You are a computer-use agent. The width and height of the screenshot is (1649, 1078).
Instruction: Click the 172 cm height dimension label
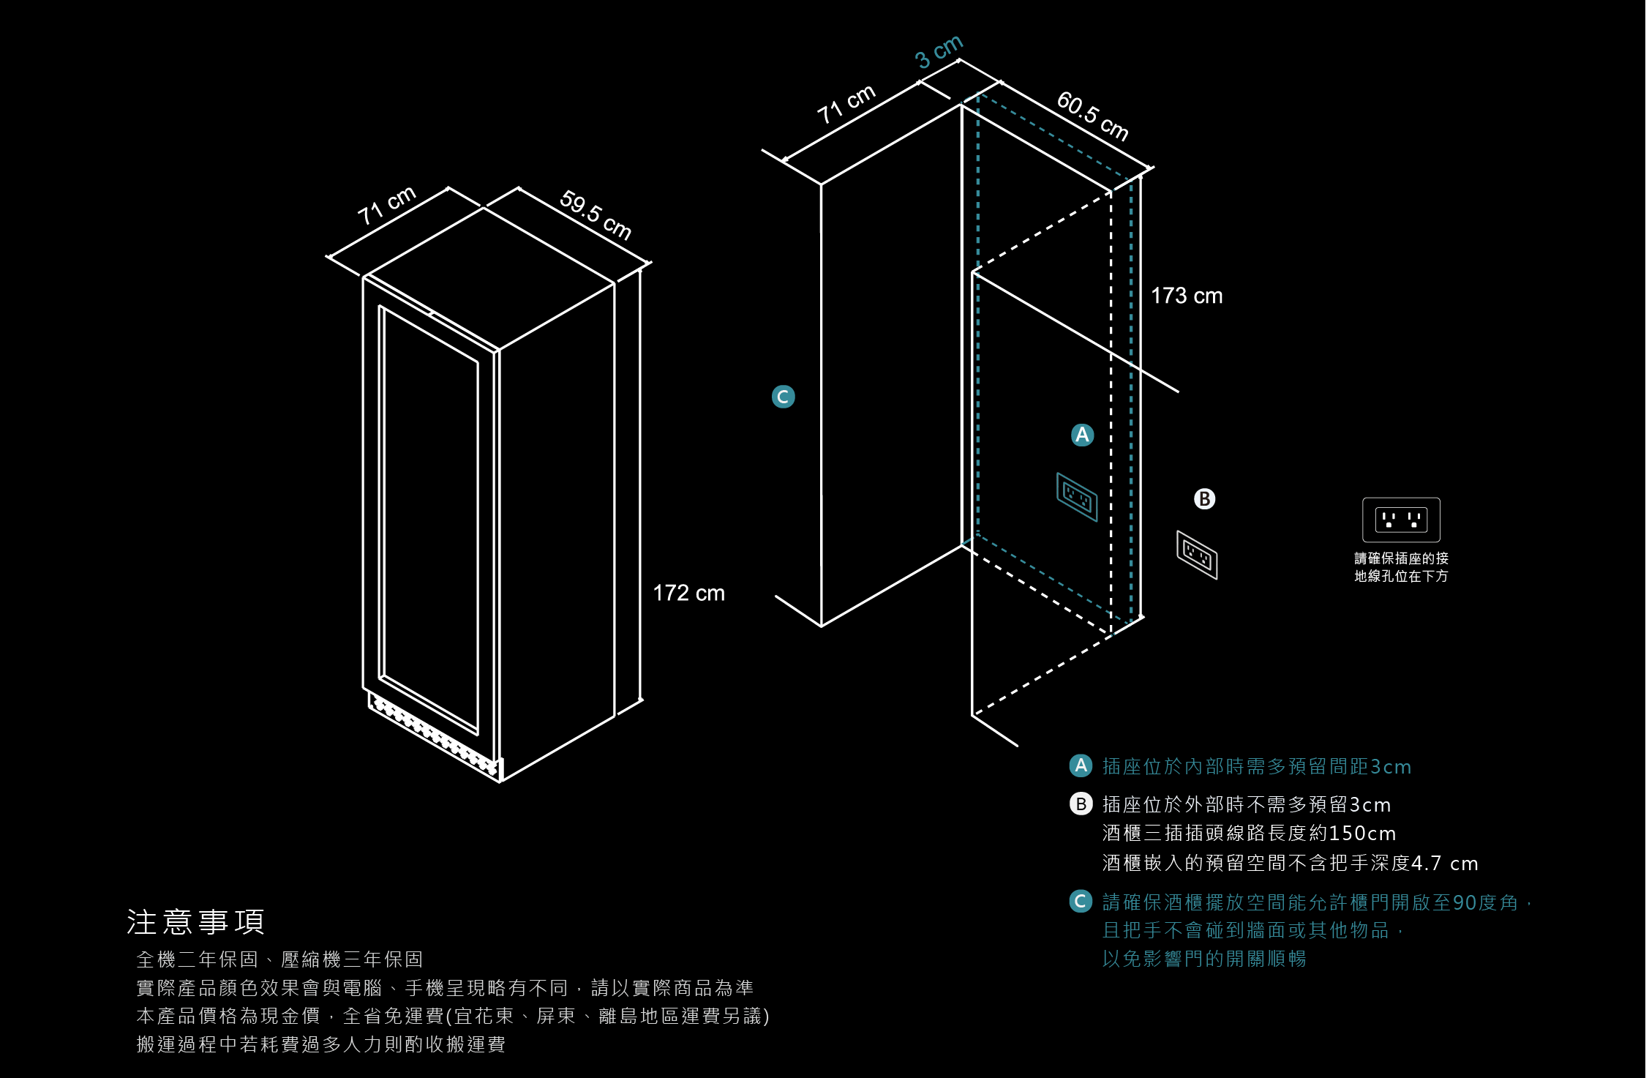(688, 593)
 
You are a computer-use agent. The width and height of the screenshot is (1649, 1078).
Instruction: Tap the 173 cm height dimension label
(1186, 296)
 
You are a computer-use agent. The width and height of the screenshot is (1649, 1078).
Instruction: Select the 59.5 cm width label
(595, 214)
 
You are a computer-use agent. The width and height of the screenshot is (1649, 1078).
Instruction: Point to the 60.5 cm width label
(1092, 116)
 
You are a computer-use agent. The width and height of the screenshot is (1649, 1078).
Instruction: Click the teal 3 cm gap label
(939, 51)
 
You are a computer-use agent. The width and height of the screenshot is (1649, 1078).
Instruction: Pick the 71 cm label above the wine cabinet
(386, 205)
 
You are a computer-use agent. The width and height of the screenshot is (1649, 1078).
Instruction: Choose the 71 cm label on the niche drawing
(846, 104)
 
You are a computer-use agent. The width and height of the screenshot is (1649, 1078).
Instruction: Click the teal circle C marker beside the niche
(783, 397)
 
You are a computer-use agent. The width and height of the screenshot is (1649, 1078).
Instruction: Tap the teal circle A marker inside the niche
(1082, 435)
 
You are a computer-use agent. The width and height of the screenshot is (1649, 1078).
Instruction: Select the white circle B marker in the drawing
(1204, 499)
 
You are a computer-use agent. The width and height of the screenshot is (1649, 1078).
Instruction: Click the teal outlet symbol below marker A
(1077, 497)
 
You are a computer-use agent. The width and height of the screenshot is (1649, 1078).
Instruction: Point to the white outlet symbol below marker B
(1197, 555)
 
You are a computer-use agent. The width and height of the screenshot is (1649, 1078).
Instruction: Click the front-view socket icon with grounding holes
(1401, 520)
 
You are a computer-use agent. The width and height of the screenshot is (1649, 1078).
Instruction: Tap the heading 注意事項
(195, 922)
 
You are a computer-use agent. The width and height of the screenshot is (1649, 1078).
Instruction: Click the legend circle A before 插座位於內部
(1081, 766)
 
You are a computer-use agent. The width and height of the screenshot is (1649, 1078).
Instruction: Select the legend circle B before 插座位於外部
(1081, 804)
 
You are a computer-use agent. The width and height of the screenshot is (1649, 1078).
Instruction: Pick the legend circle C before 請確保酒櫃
(1081, 902)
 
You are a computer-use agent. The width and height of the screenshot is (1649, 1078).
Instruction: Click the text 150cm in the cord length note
(1362, 834)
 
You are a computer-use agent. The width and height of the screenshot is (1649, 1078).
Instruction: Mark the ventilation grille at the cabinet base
(435, 735)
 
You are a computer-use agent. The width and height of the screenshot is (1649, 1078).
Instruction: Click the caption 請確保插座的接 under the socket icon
(1401, 558)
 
